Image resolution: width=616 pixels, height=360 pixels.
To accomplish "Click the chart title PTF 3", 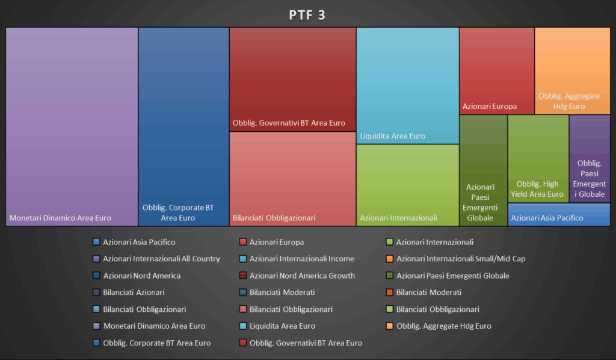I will tap(307, 15).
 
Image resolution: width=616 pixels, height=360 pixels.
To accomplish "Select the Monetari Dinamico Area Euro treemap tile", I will tap(72, 126).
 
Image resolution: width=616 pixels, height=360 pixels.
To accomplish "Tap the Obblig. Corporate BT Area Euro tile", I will tap(183, 126).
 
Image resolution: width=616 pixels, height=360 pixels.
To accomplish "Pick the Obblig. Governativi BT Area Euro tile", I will tap(292, 79).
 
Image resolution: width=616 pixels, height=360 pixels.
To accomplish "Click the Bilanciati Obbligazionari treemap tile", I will tap(292, 179).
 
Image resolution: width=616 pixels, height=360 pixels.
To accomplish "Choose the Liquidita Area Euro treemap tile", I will tap(407, 85).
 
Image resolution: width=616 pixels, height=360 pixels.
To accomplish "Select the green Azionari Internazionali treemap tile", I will tap(407, 185).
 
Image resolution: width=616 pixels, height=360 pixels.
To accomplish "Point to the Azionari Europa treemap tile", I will tap(496, 70).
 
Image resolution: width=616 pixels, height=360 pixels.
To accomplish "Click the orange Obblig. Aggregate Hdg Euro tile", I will tap(572, 70).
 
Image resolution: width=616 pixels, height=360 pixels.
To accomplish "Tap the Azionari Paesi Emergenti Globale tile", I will tap(483, 170).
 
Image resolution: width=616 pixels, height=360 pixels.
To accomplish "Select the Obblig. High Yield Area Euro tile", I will tap(538, 158).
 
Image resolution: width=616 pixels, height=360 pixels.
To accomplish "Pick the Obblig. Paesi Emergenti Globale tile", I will tap(590, 158).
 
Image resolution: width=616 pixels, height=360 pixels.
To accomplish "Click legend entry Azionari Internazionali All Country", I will tap(161, 259).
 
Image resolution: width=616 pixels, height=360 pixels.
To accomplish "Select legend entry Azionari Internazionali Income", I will tap(301, 259).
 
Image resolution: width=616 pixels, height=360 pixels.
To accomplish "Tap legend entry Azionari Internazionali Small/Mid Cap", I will tap(460, 259).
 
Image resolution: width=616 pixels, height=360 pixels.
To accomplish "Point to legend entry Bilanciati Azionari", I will tap(134, 293).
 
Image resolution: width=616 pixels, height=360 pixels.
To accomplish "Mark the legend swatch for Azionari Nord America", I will tap(96, 276).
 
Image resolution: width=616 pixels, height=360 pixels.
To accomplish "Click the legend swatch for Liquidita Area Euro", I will tap(243, 326).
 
